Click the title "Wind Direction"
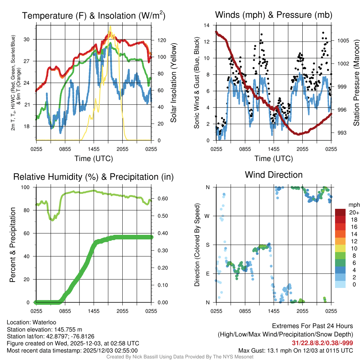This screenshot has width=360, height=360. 274,175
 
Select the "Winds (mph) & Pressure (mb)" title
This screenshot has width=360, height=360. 274,15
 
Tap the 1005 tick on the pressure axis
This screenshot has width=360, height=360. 342,41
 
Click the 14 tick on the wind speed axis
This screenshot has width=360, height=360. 207,25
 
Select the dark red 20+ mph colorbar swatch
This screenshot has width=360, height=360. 341,212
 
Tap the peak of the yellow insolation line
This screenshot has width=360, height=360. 110,26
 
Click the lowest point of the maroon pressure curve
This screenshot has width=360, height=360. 298,134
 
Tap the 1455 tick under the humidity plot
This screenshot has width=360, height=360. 94,311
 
